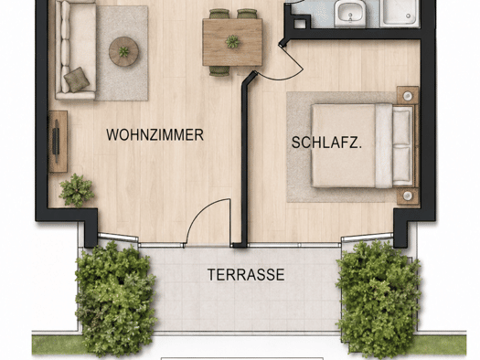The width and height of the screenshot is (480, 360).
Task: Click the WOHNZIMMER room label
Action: (x=155, y=135)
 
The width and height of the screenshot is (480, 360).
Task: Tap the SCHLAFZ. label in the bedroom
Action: (x=326, y=143)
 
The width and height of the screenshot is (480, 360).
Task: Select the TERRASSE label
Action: (x=246, y=275)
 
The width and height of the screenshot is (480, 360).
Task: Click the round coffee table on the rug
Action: (x=123, y=51)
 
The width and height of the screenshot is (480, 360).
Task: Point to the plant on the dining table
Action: (x=232, y=42)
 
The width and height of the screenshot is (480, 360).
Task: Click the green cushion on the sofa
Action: (x=76, y=79)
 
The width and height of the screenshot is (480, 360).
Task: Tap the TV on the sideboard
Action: (x=56, y=142)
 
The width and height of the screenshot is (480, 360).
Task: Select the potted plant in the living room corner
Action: (x=76, y=190)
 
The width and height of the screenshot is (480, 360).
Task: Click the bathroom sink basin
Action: (x=350, y=13)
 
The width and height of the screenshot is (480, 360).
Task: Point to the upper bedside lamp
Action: (x=408, y=96)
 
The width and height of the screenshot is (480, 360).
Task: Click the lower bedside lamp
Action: (x=408, y=196)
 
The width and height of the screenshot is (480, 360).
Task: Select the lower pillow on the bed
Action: (x=401, y=165)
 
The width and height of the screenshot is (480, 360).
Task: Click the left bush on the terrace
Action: (x=116, y=297)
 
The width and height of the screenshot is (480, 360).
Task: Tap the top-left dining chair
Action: (x=219, y=14)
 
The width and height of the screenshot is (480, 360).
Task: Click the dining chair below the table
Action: (x=219, y=70)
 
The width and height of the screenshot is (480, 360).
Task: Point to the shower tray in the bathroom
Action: (x=399, y=13)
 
